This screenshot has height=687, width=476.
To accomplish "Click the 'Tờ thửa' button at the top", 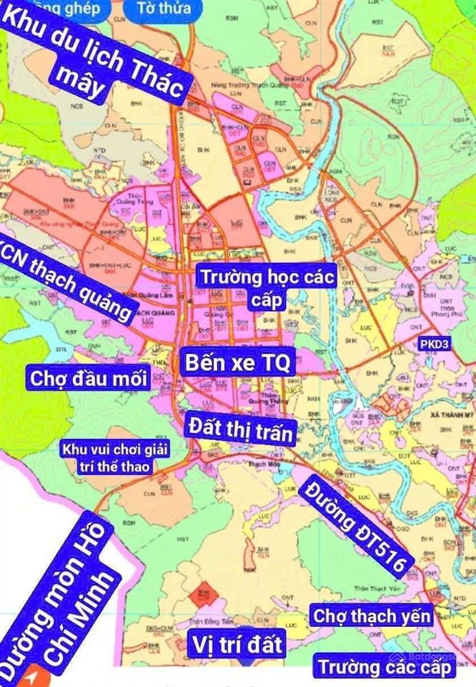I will click(166, 9).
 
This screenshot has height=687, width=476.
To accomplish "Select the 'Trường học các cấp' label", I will click(267, 287).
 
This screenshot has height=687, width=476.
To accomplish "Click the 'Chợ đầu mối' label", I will click(89, 378).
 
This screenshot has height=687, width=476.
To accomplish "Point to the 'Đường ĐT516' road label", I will click(357, 527).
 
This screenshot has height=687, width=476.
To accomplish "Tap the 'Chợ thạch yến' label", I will click(372, 615).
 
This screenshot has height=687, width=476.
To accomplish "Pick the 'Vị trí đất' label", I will click(238, 644).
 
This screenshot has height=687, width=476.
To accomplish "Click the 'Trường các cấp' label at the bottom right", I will click(385, 667).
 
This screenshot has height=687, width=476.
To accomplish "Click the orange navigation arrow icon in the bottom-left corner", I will click(30, 676).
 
